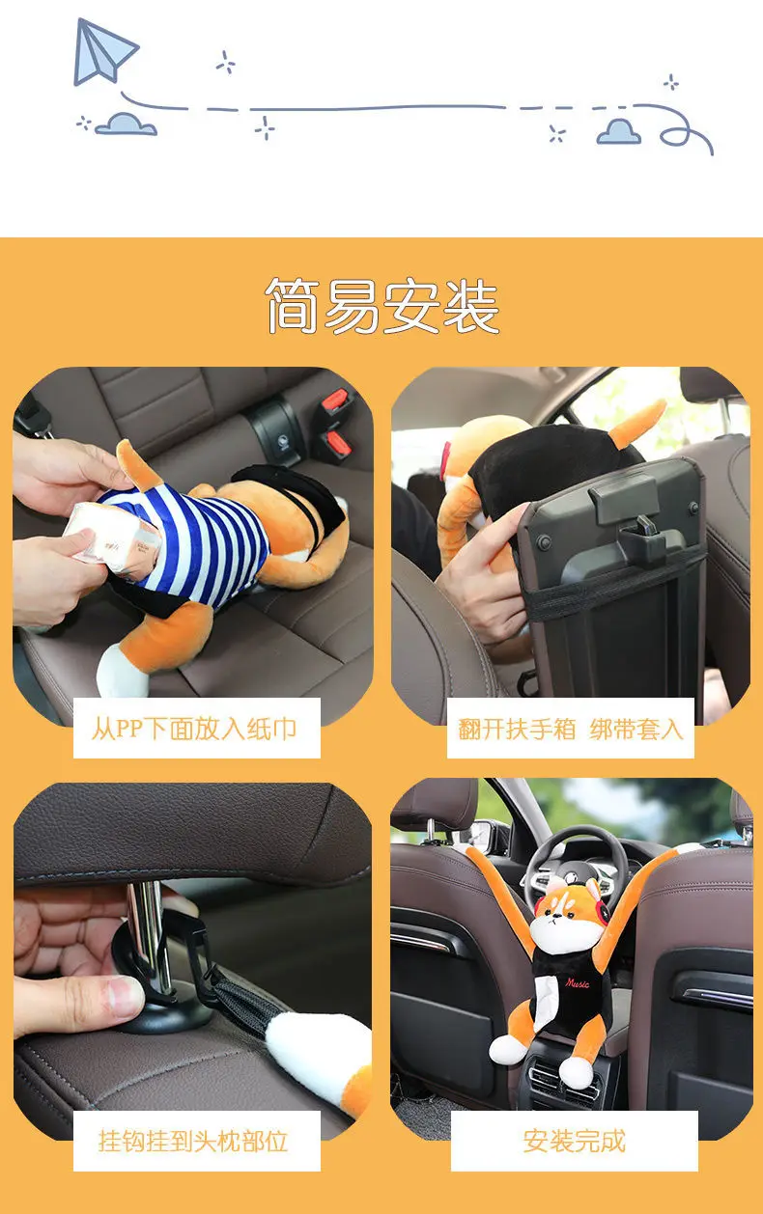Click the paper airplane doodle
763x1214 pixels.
[104, 50]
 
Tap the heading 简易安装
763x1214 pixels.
[382, 306]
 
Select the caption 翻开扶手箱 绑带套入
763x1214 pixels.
[571, 728]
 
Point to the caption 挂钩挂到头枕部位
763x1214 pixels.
[193, 1142]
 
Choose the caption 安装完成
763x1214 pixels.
[574, 1142]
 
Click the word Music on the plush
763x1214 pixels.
[578, 983]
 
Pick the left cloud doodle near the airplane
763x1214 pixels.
[126, 124]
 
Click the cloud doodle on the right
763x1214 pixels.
[618, 131]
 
